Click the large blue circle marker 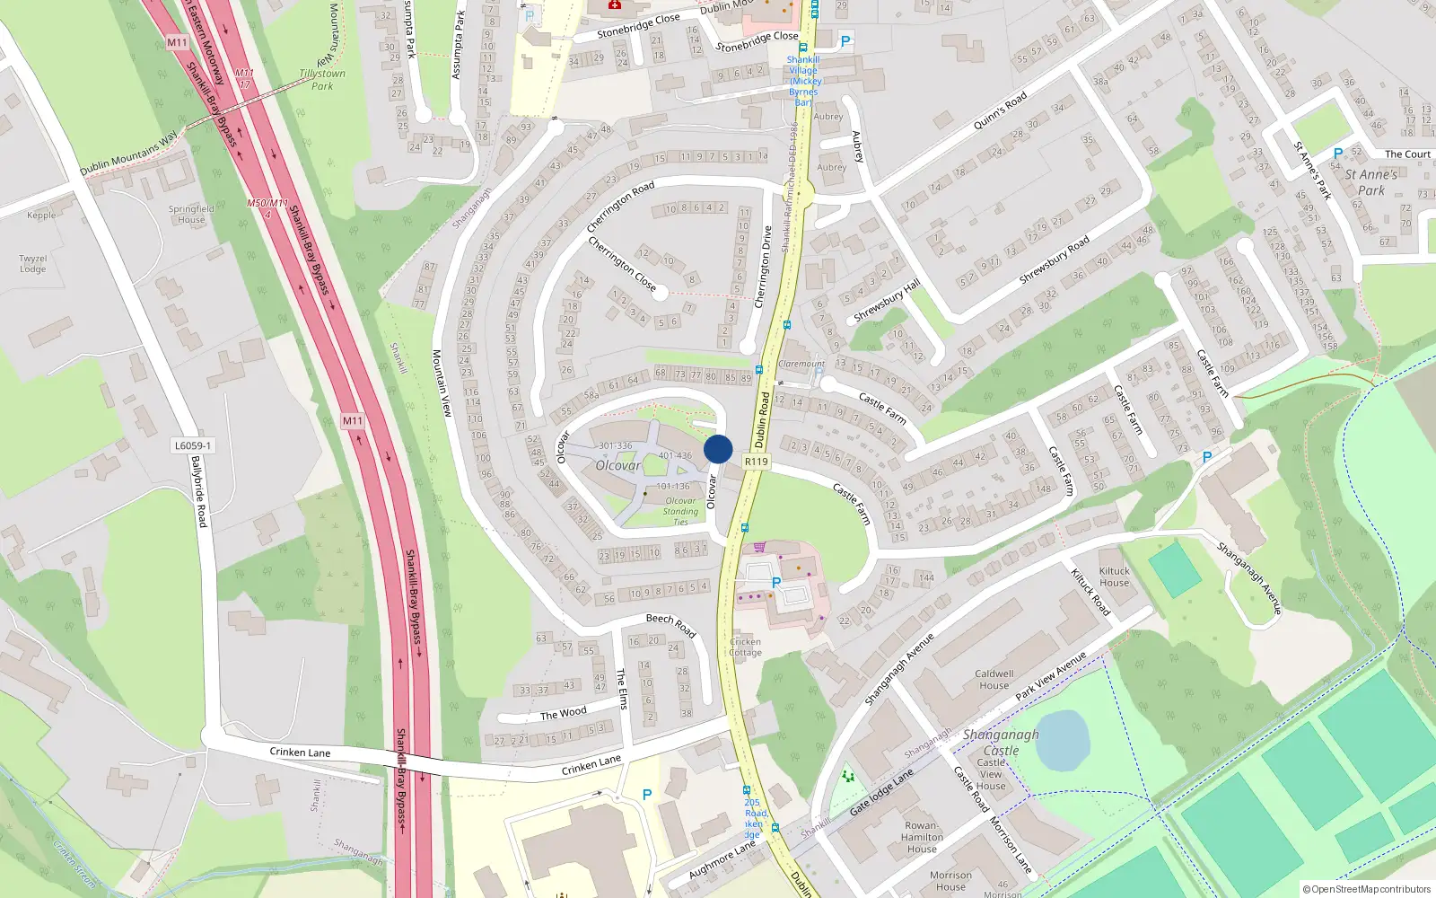[718, 449]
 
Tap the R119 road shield [757, 462]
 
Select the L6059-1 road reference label [193, 445]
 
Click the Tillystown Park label [322, 80]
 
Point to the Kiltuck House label [1115, 577]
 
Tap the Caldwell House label [994, 680]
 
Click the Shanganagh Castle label [1001, 743]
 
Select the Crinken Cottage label [746, 647]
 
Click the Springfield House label [191, 214]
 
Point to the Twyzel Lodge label [33, 264]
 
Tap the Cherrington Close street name [621, 263]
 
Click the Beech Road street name [671, 624]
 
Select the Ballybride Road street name [199, 491]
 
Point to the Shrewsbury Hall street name [887, 301]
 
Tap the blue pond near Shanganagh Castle [1062, 740]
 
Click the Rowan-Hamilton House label [922, 837]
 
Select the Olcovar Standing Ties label [681, 511]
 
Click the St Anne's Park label [1370, 182]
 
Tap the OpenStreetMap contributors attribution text [1367, 890]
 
